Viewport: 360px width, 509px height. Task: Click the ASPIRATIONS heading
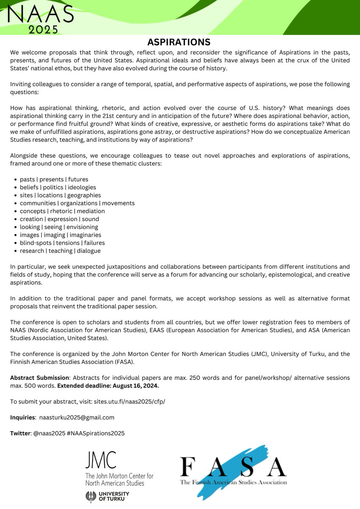coord(179,42)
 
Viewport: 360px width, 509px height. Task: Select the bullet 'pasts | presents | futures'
coord(54,179)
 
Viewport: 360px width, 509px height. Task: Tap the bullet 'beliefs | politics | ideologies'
coord(58,187)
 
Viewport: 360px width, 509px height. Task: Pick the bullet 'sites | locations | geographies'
coord(60,195)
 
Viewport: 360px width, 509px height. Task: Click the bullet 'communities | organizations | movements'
coord(77,203)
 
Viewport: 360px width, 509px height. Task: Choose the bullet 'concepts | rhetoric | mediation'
coord(62,211)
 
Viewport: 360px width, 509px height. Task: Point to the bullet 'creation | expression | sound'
coord(59,219)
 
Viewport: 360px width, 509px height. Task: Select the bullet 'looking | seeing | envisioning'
coord(59,227)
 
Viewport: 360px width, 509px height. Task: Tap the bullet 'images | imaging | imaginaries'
coord(60,235)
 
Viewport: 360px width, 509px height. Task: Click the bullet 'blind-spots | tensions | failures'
coord(62,243)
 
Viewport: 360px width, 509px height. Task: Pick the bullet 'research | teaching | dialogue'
coord(60,251)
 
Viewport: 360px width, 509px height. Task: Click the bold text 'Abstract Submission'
coord(39,378)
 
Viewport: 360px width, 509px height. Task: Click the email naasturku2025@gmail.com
coord(77,417)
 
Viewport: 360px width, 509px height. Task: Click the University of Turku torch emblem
coord(90,497)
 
